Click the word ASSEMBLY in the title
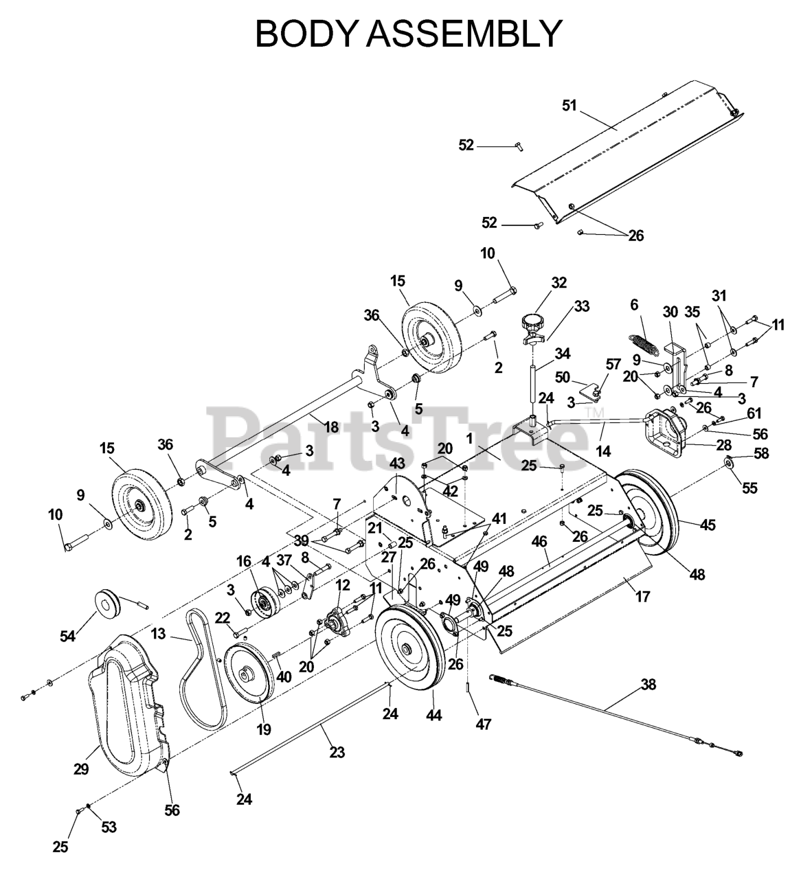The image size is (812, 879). pos(464,34)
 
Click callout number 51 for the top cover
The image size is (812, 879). pos(569,106)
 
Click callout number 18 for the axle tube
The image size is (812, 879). pos(331,427)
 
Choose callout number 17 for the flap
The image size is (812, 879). pos(642,597)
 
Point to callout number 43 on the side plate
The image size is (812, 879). pos(397,463)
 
